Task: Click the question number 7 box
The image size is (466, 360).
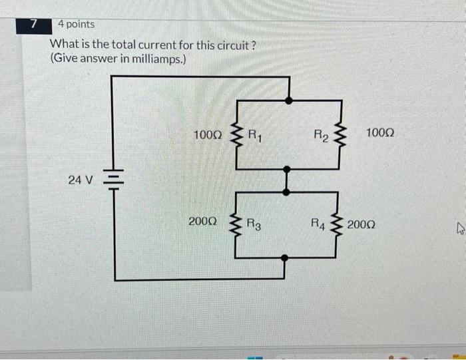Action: pyautogui.click(x=34, y=25)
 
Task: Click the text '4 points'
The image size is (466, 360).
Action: pyautogui.click(x=76, y=24)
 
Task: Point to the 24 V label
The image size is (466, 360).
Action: pyautogui.click(x=81, y=179)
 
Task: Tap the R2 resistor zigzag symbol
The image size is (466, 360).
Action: pyautogui.click(x=342, y=136)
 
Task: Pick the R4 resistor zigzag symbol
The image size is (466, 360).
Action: pyautogui.click(x=342, y=224)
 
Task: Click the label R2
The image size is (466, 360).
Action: pyautogui.click(x=322, y=137)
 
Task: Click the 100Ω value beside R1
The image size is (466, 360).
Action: pyautogui.click(x=207, y=135)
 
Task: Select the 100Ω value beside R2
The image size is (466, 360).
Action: pyautogui.click(x=380, y=134)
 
